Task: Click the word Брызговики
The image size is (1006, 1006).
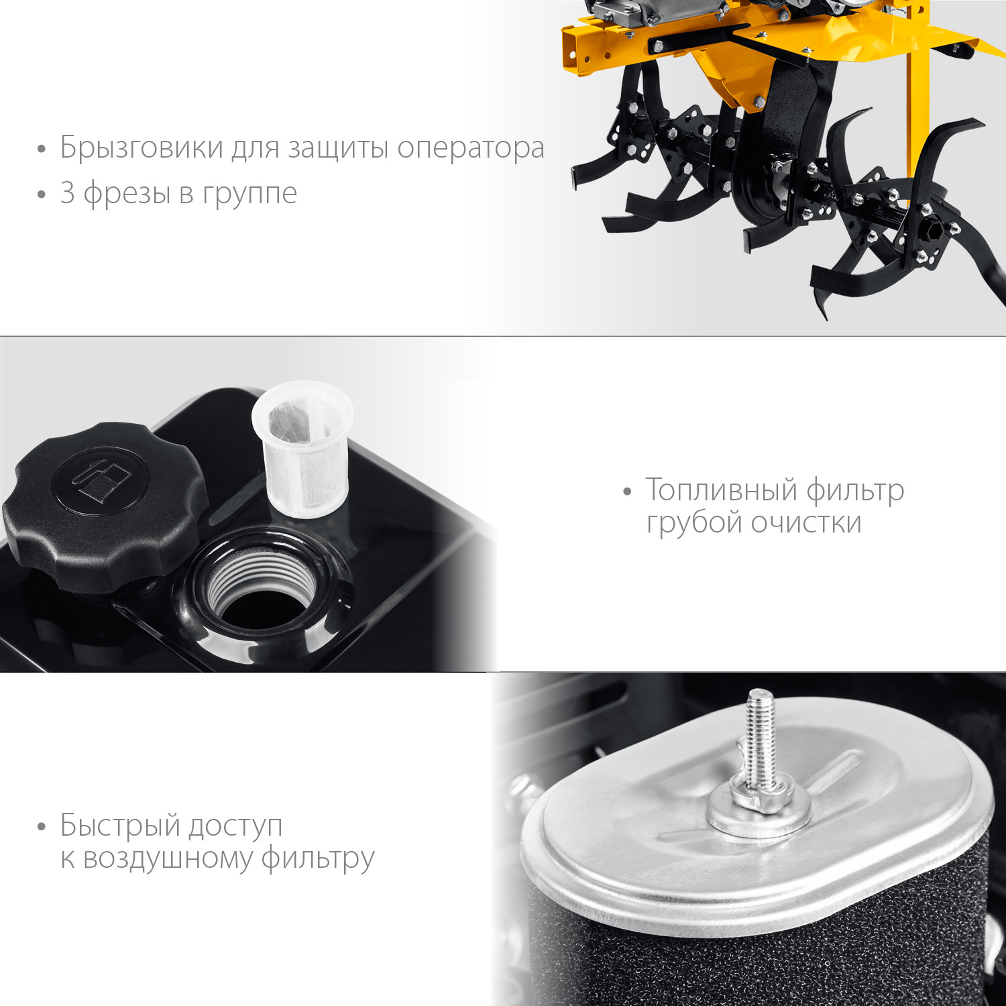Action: [x=142, y=148]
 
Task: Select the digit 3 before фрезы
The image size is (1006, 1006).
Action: [x=67, y=192]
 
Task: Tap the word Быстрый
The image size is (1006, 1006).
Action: [x=119, y=826]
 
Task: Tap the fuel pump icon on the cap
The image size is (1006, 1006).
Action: [x=101, y=478]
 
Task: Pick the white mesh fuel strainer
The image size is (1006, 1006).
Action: [x=303, y=447]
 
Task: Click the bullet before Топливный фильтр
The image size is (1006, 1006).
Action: [x=627, y=492]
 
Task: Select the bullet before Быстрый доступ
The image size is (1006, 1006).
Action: [x=42, y=827]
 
